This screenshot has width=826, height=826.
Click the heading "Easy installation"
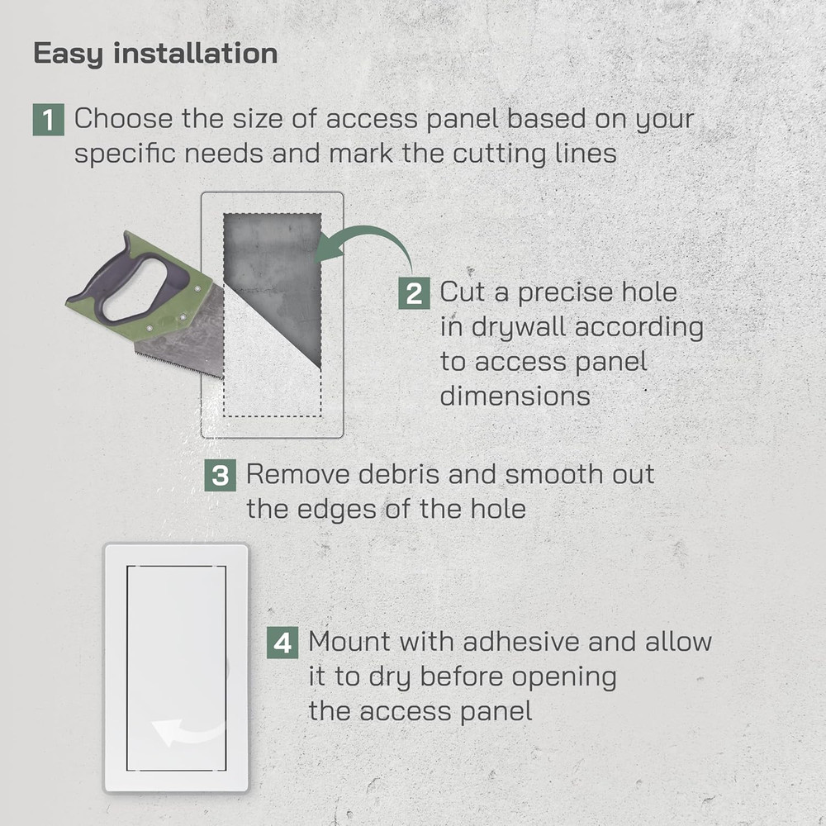pyautogui.click(x=155, y=54)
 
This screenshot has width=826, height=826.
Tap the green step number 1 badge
pyautogui.click(x=49, y=120)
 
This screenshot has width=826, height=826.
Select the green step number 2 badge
pyautogui.click(x=414, y=293)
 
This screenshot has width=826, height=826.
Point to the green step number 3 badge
pyautogui.click(x=221, y=476)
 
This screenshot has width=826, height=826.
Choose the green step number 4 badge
pyautogui.click(x=282, y=643)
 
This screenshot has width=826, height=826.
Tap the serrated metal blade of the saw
pyautogui.click(x=186, y=339)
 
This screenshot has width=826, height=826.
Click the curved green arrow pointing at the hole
pyautogui.click(x=368, y=240)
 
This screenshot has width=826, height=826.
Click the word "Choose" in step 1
pyautogui.click(x=124, y=119)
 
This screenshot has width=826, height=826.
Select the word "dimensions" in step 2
pyautogui.click(x=515, y=396)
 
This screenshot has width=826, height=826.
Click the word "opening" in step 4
pyautogui.click(x=564, y=677)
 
